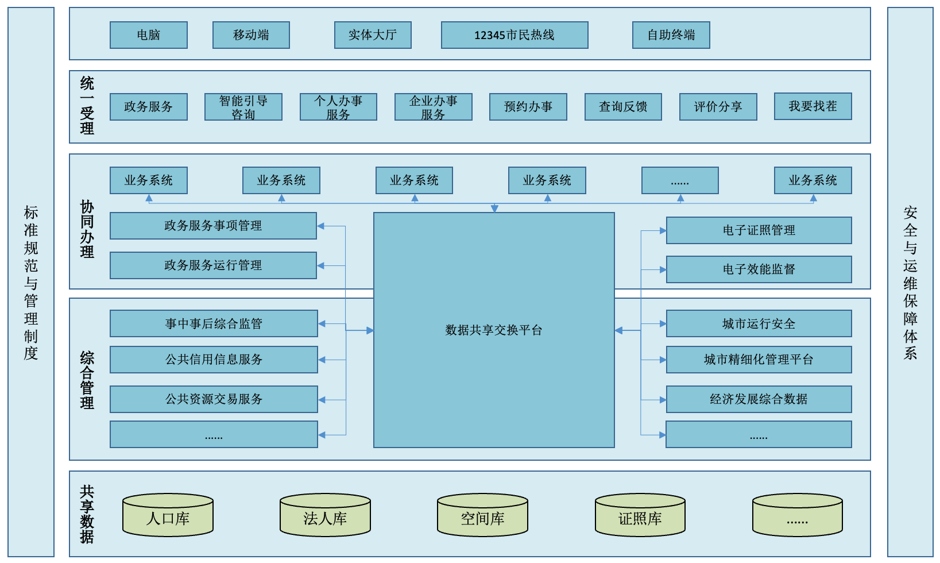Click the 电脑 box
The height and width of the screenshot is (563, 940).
[x=148, y=35]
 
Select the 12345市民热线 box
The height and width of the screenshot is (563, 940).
[x=514, y=35]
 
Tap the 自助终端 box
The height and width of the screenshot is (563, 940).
[x=671, y=35]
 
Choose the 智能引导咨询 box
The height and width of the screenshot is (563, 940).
[x=243, y=107]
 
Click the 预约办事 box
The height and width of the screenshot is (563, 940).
[x=528, y=107]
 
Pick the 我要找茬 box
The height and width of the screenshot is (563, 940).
[x=813, y=106]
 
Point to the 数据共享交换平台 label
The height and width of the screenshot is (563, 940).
[x=493, y=330]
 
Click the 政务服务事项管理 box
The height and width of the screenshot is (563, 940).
[x=213, y=226]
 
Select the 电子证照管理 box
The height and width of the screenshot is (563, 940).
[x=759, y=230]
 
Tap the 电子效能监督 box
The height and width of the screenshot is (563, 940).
[x=759, y=269]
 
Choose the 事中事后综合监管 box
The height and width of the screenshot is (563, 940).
[x=214, y=323]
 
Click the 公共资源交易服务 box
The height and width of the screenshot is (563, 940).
[x=214, y=399]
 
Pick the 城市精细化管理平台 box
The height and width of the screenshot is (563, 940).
[x=759, y=360]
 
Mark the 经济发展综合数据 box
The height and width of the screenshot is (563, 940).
[x=759, y=399]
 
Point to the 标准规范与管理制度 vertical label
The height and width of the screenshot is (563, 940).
[x=31, y=282]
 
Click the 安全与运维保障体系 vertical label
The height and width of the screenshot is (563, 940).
[x=910, y=282]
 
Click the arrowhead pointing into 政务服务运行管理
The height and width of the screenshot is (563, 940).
[x=321, y=265]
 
